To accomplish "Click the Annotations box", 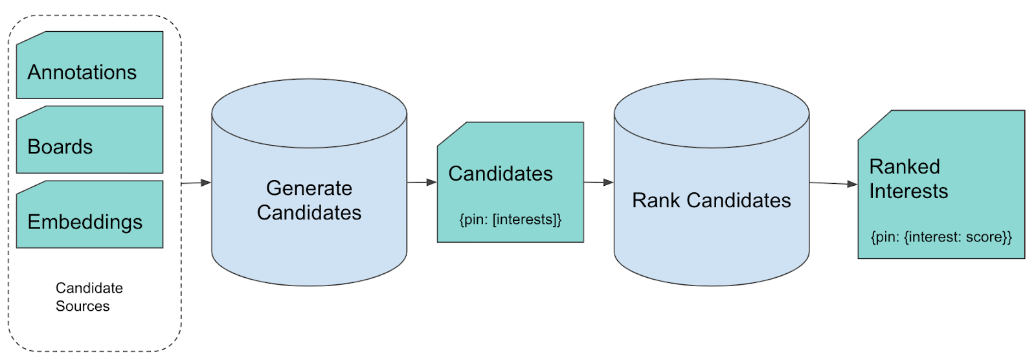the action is click(x=90, y=65).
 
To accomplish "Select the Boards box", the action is click(x=90, y=140).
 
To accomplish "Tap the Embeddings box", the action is click(x=90, y=214).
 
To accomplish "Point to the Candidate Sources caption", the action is click(x=89, y=297).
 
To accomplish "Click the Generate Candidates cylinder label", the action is click(x=309, y=200).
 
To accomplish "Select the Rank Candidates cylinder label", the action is click(x=712, y=200).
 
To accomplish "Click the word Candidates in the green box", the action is click(x=501, y=174).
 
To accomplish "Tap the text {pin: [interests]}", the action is click(x=510, y=219).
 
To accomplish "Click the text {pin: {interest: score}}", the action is click(x=941, y=237).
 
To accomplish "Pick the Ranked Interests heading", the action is click(x=908, y=179).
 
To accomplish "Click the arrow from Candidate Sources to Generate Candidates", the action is click(x=196, y=183).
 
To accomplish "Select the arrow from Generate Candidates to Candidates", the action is click(x=422, y=183).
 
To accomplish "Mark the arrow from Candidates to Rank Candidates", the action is click(x=598, y=183).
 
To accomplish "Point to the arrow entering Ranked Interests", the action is click(x=833, y=183).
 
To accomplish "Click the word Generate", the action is click(x=309, y=188).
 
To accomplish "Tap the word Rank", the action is click(x=656, y=200).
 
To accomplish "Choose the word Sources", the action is click(x=82, y=306).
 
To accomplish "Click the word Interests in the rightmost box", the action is click(x=908, y=191).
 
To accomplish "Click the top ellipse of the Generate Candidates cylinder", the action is click(x=309, y=113).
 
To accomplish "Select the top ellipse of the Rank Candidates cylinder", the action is click(x=712, y=113).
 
